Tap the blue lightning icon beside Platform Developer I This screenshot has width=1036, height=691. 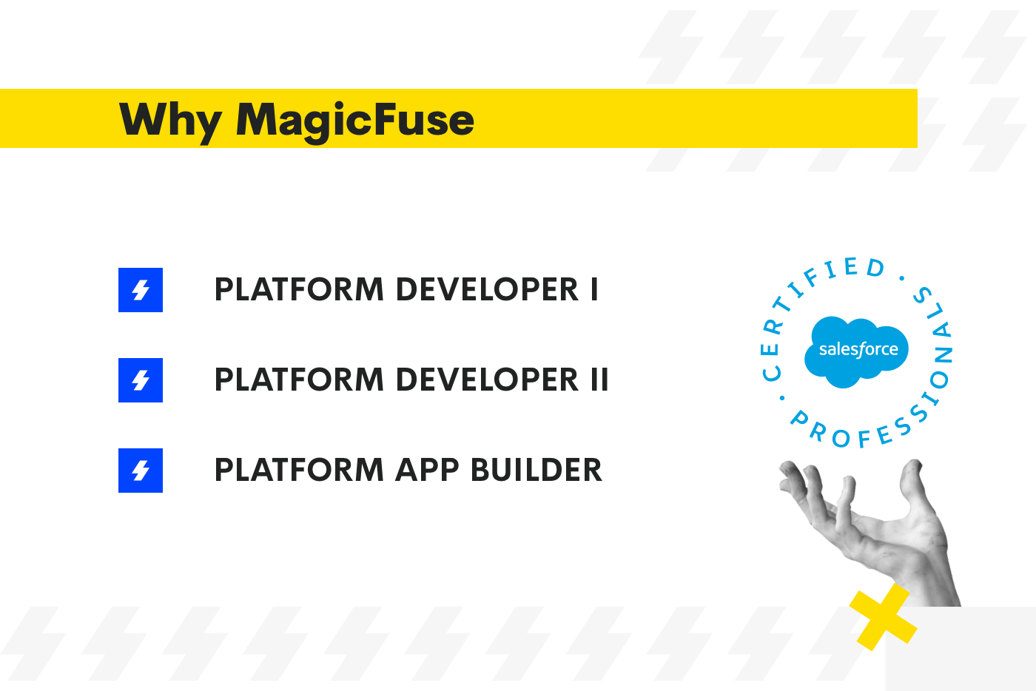point(141,290)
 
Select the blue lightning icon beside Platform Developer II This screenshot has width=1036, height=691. point(141,380)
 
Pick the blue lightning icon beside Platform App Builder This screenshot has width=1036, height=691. point(141,471)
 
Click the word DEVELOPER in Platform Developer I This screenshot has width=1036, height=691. point(488,290)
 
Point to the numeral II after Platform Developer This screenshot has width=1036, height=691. point(599,380)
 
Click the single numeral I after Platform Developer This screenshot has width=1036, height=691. point(594,290)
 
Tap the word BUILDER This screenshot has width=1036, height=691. point(536,471)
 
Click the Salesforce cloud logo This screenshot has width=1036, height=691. point(857,351)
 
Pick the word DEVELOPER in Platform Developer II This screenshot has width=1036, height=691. point(488,380)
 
